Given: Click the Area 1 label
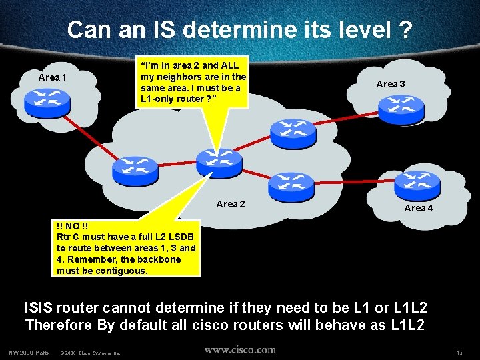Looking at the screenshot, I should click(53, 77).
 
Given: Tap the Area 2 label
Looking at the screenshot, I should click(231, 203).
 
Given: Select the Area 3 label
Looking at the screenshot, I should click(391, 84).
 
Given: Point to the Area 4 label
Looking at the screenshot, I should click(419, 208).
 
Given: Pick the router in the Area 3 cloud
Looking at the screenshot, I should click(399, 107).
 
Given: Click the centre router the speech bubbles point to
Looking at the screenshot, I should click(219, 162).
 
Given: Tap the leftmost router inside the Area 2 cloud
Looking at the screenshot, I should click(135, 171).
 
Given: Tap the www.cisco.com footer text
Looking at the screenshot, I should click(240, 349).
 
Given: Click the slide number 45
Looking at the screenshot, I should click(459, 352).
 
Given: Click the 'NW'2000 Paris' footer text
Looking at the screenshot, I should click(30, 352).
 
